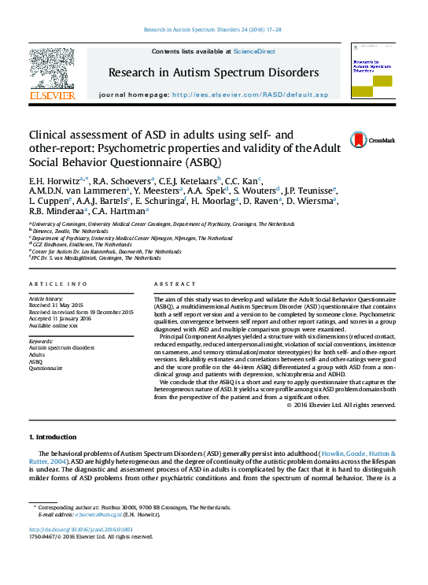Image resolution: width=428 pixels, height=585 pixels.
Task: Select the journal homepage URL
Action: click(249, 94)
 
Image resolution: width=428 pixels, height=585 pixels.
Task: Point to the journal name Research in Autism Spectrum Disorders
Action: click(213, 72)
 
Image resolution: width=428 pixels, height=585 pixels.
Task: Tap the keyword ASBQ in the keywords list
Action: click(36, 361)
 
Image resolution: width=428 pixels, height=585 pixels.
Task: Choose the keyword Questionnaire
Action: click(45, 368)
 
